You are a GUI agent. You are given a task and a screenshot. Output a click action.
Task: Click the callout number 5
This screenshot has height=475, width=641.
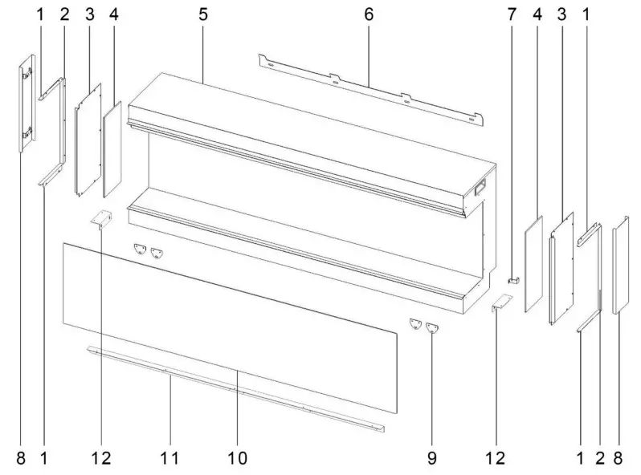click(x=203, y=14)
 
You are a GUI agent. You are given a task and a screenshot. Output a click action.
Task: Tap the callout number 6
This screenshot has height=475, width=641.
click(x=368, y=14)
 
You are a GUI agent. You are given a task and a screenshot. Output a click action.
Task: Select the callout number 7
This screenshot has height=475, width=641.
click(x=510, y=14)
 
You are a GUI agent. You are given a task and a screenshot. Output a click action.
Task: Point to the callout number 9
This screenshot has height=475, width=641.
click(x=431, y=458)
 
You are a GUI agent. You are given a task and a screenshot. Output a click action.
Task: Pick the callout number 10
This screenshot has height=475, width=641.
click(x=239, y=458)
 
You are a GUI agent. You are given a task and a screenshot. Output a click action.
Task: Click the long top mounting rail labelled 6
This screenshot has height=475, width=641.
click(x=369, y=89)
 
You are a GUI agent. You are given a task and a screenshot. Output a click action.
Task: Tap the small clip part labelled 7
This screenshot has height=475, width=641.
click(x=513, y=281)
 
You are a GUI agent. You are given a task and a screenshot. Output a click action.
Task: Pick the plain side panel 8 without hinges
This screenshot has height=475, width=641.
click(x=619, y=269)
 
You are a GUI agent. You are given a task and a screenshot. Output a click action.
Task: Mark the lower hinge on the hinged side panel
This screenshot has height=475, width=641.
click(x=27, y=135)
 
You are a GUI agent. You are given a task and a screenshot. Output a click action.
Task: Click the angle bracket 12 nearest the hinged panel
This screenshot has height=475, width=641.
click(x=102, y=219)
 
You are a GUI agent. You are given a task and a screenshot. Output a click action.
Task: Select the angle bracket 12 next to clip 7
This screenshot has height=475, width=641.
click(x=501, y=303)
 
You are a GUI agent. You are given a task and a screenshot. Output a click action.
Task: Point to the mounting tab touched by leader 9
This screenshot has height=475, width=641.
click(x=434, y=327)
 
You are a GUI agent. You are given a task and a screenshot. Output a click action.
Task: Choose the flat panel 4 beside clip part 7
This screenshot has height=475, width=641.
click(x=533, y=263)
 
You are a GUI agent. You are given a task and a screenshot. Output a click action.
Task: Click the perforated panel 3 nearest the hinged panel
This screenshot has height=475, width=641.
click(x=88, y=140)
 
